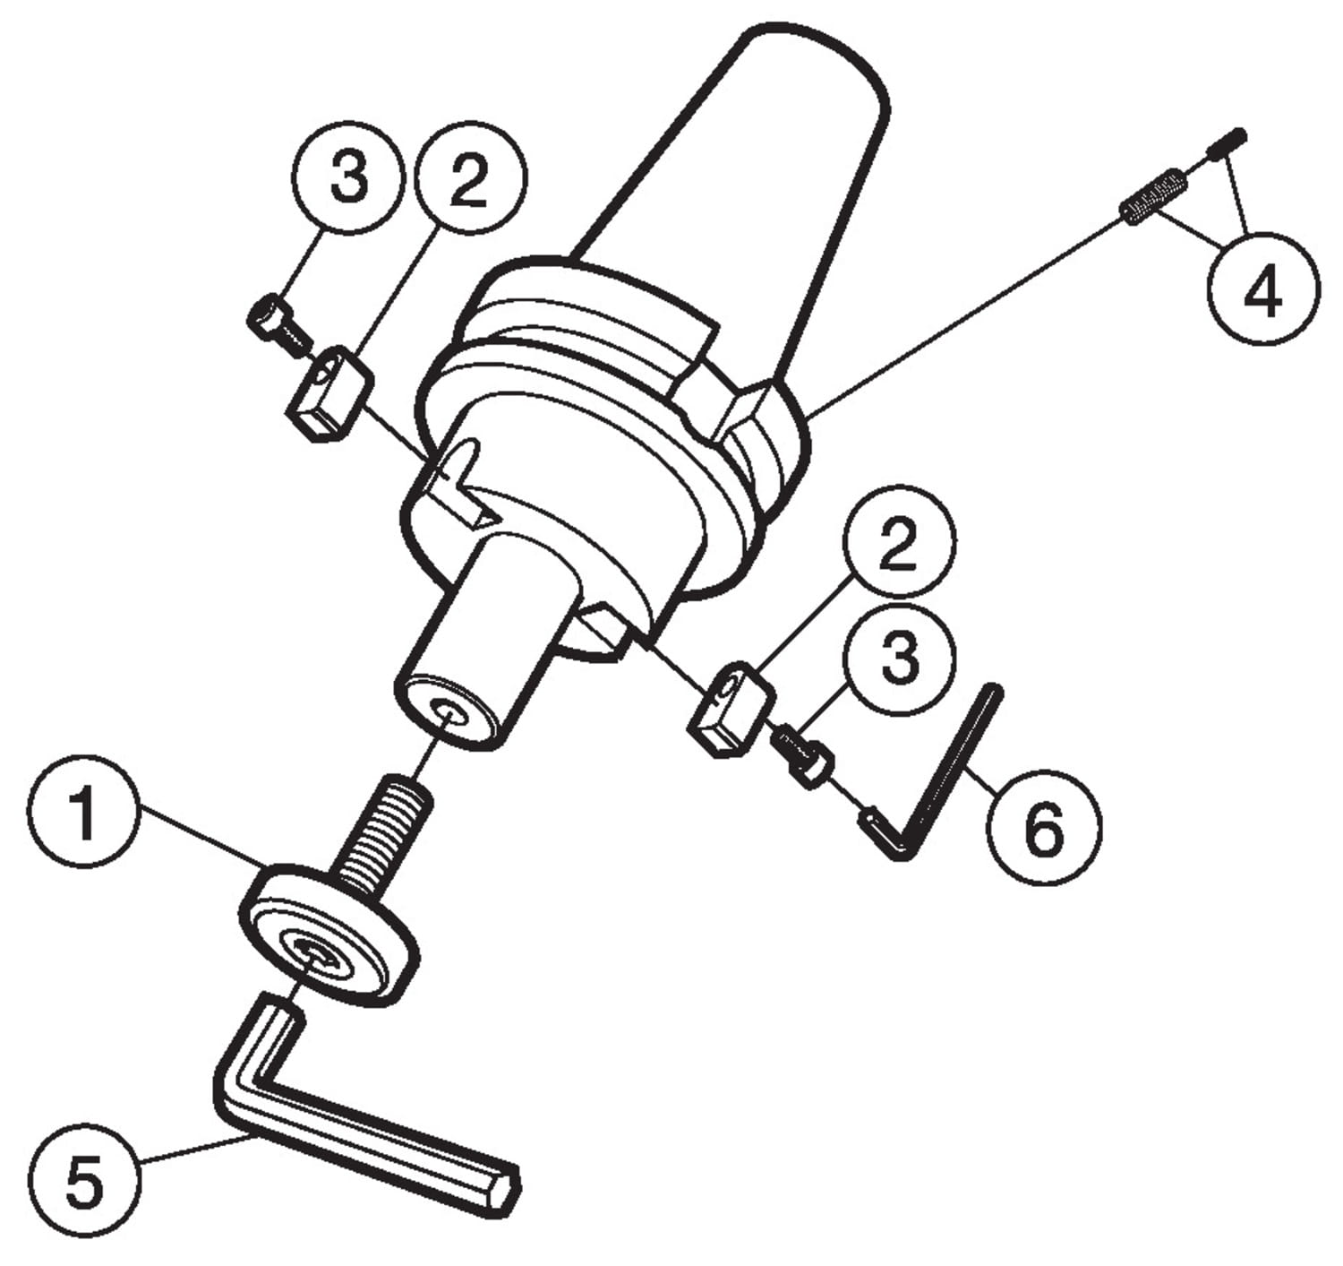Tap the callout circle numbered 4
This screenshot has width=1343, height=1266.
coord(1263,289)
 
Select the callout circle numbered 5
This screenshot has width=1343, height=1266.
coord(84,1182)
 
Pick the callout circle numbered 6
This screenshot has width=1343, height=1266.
coord(1044,827)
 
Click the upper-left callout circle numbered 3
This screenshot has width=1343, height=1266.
coord(348,178)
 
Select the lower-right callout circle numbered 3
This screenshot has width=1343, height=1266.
coord(899,658)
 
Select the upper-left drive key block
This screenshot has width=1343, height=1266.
coord(330,393)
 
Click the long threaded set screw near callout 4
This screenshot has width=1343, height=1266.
coord(1155,201)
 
